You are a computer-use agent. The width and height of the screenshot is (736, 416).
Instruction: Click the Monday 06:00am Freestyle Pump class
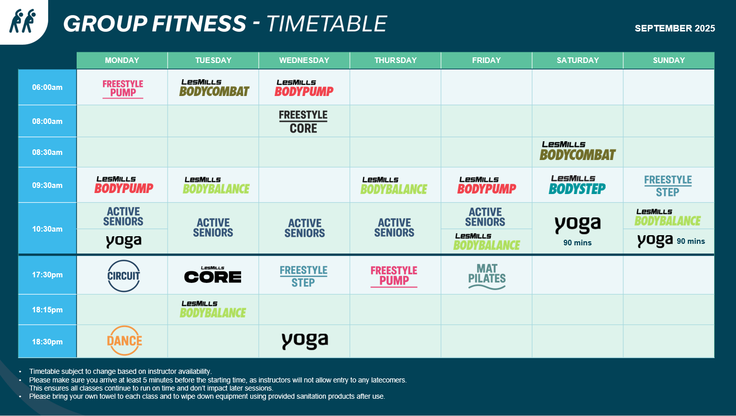(x=123, y=89)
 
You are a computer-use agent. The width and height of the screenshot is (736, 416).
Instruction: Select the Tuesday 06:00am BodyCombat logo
(x=214, y=88)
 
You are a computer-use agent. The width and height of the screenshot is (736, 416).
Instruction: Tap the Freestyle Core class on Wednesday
(x=303, y=122)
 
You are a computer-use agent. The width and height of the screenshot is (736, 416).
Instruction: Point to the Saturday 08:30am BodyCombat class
(x=578, y=151)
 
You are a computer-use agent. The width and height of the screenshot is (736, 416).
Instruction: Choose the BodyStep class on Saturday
(x=577, y=185)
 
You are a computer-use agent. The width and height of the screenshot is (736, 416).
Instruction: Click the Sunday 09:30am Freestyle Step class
(x=667, y=186)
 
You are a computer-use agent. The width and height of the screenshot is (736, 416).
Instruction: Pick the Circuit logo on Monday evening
(x=123, y=276)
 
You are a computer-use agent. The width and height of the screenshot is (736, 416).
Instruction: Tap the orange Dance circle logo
(x=124, y=341)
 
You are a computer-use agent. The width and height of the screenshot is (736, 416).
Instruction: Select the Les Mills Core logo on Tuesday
(x=213, y=275)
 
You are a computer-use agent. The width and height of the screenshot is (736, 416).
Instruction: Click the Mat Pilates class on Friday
(x=487, y=277)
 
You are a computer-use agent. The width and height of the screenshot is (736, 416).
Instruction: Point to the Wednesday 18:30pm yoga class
(x=305, y=341)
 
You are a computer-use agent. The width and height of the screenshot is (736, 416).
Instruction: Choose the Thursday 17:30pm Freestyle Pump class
(x=394, y=276)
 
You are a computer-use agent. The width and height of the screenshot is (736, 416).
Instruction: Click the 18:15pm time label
(x=47, y=310)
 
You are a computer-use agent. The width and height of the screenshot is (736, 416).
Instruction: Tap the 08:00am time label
(x=47, y=121)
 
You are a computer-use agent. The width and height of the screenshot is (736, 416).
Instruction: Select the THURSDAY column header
(x=395, y=60)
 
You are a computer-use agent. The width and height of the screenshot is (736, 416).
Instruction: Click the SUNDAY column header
(x=669, y=60)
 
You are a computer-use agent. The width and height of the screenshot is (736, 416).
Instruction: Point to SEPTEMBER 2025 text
(x=675, y=28)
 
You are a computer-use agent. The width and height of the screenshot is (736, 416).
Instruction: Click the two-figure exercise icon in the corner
(x=22, y=21)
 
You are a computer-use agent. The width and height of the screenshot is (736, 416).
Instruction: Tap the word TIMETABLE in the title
(x=326, y=24)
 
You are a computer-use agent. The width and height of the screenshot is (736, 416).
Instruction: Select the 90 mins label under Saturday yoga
(x=577, y=243)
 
